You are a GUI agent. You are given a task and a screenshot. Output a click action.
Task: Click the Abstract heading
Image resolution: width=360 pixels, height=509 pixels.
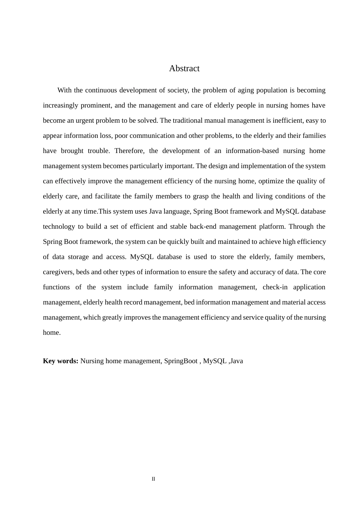tap(184, 69)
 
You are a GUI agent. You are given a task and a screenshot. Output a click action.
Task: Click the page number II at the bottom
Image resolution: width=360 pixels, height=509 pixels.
tap(153, 479)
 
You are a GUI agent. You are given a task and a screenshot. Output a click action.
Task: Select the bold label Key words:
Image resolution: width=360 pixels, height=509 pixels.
tap(61, 361)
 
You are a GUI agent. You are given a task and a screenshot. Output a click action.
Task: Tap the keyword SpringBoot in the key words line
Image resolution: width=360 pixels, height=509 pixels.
tap(181, 361)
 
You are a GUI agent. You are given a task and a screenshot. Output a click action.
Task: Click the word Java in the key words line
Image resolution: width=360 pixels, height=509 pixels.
tap(236, 361)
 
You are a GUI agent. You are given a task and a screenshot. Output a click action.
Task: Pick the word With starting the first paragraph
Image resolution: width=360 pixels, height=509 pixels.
tap(64, 90)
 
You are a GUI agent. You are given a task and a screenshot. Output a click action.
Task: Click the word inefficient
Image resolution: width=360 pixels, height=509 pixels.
tap(286, 120)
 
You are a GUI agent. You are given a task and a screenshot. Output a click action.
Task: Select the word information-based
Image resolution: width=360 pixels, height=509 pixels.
tap(254, 151)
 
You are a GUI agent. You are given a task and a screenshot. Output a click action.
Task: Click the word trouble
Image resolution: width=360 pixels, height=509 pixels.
tap(99, 151)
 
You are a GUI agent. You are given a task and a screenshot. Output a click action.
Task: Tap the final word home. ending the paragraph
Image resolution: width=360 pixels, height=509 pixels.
tap(52, 333)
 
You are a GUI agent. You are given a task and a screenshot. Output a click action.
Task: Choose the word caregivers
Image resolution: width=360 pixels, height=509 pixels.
tap(59, 272)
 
